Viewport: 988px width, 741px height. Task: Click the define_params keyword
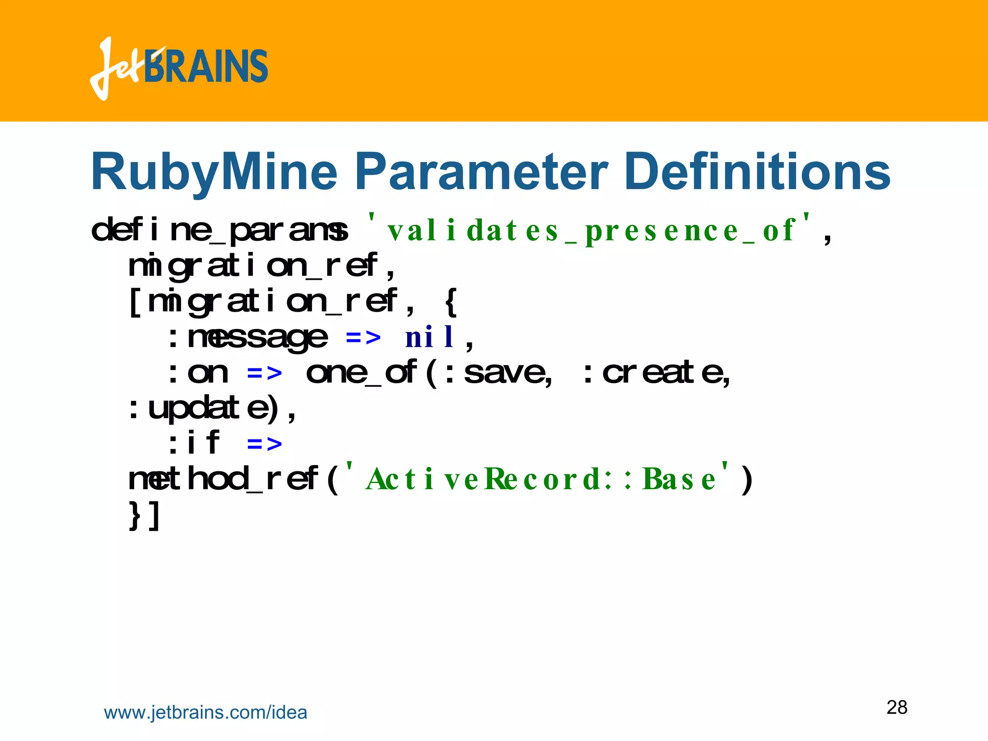coord(220,231)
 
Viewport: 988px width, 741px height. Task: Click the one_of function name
coord(362,373)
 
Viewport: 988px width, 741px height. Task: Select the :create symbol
coord(656,373)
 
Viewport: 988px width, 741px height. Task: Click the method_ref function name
coord(224,479)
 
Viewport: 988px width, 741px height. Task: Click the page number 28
coord(897,707)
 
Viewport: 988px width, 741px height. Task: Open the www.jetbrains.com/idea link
coord(206,713)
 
